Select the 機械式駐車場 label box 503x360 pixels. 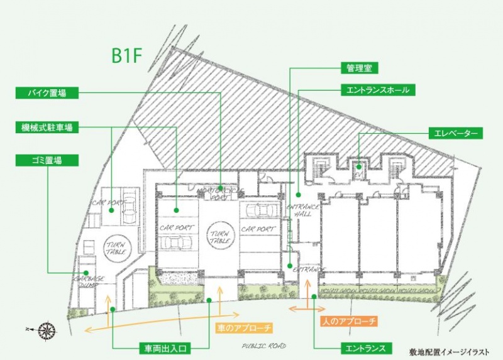(48, 128)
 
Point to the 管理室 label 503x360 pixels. (360, 67)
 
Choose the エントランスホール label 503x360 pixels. (377, 90)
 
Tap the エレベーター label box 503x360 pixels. (456, 133)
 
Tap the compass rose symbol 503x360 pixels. (47, 329)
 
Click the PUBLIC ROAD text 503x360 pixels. (264, 346)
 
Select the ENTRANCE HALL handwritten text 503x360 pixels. (304, 210)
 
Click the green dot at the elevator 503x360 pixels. (358, 167)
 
